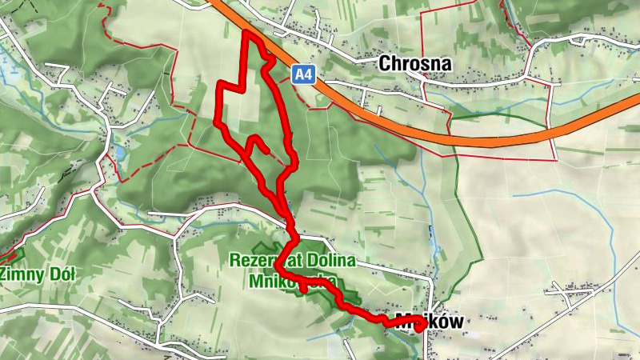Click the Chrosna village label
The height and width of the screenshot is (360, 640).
point(415,63)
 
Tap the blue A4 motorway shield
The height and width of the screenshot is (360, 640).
point(302,75)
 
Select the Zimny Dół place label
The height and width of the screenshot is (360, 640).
point(38,274)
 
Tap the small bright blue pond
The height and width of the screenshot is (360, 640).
point(119,151)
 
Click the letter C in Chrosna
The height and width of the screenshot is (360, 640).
point(386,63)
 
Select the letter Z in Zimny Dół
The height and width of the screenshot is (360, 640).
point(5,274)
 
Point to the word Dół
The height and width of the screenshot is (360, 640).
point(59,274)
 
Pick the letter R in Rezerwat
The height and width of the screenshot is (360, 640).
point(234,260)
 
